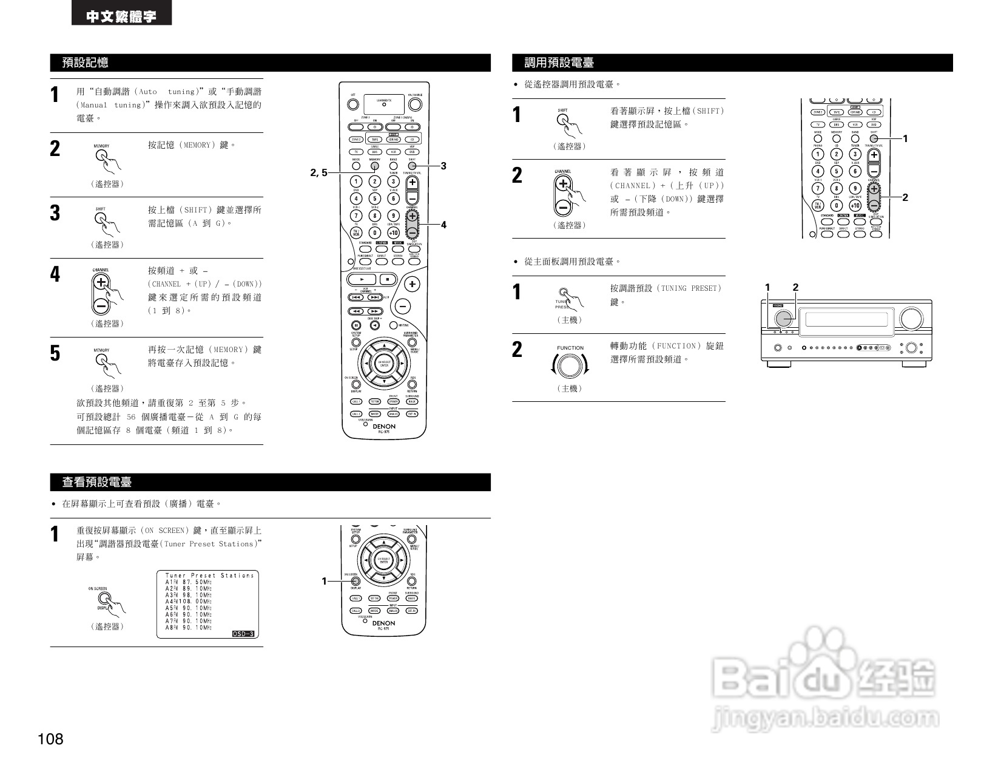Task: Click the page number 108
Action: click(x=50, y=739)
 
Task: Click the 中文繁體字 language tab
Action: click(x=121, y=16)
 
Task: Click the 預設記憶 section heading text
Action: click(x=86, y=63)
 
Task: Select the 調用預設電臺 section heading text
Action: click(x=559, y=63)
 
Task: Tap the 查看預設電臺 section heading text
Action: click(x=97, y=482)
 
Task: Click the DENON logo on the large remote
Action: click(x=384, y=426)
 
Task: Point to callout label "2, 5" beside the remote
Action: click(x=318, y=172)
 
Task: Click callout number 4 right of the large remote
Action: click(x=443, y=225)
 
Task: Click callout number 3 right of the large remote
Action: click(x=443, y=166)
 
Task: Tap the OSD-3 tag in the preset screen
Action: click(x=244, y=634)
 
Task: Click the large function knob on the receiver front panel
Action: click(x=783, y=317)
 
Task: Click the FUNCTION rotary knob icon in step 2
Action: click(x=569, y=365)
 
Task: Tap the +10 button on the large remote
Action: click(x=393, y=233)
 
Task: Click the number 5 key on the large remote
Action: click(x=375, y=199)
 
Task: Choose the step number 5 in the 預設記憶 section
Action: click(x=55, y=353)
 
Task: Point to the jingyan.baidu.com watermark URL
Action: click(x=826, y=719)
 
